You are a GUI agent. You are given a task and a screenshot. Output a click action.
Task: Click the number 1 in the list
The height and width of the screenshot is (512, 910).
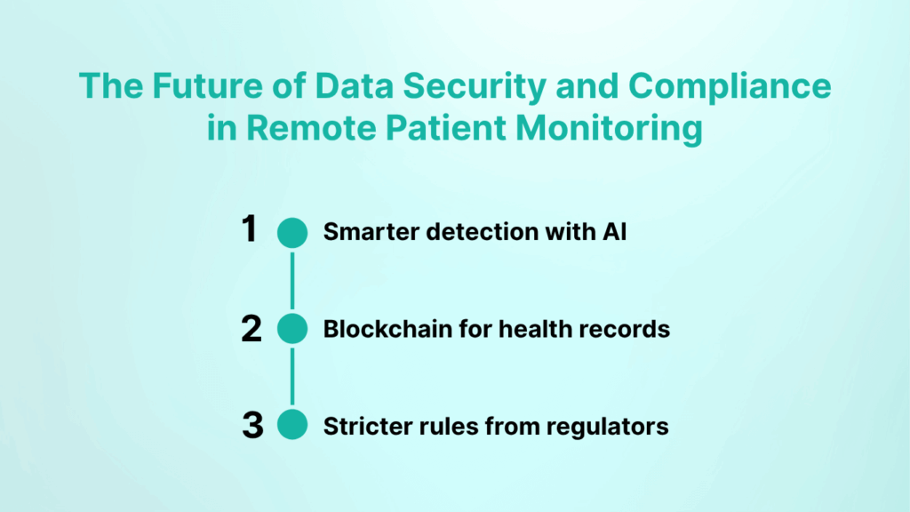(250, 231)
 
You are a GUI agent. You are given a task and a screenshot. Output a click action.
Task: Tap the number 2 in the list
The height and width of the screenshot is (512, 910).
(251, 329)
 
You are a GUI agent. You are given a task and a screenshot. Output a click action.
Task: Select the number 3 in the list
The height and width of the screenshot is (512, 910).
(252, 426)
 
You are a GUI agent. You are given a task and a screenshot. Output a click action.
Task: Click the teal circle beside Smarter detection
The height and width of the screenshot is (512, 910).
(291, 232)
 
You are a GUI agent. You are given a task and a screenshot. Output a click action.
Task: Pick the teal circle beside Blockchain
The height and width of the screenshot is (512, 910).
(291, 329)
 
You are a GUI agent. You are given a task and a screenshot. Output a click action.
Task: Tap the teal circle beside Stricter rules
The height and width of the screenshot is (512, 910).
(291, 426)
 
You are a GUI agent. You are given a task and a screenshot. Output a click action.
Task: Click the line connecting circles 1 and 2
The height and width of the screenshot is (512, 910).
(291, 280)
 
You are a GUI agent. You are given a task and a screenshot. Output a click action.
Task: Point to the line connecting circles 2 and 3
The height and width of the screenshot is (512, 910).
(291, 378)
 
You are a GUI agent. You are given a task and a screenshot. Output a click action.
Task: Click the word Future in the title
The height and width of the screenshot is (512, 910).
(195, 86)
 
